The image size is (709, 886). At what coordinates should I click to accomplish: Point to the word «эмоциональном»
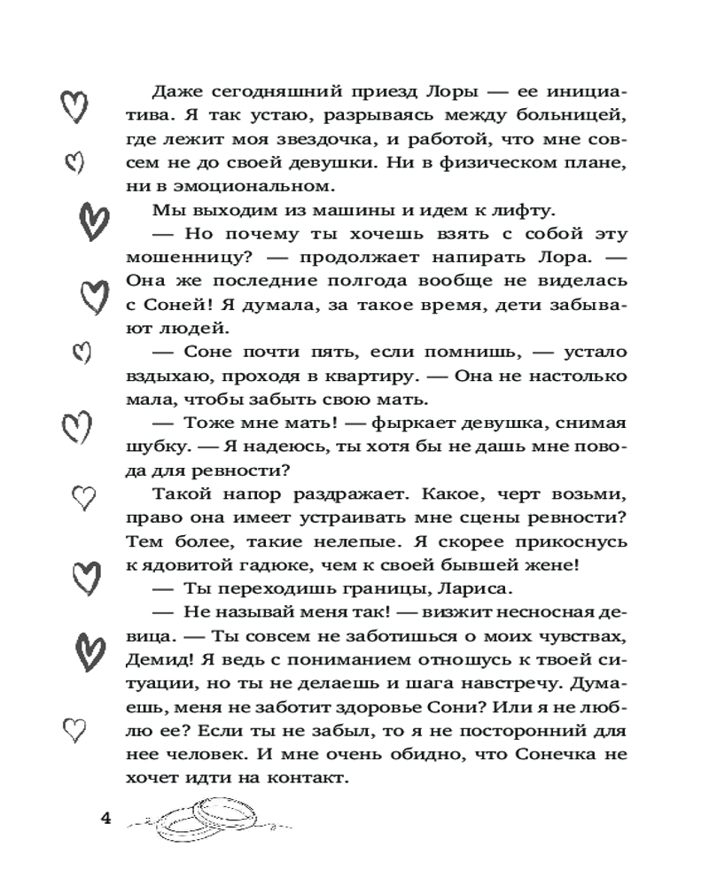coord(258,186)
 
